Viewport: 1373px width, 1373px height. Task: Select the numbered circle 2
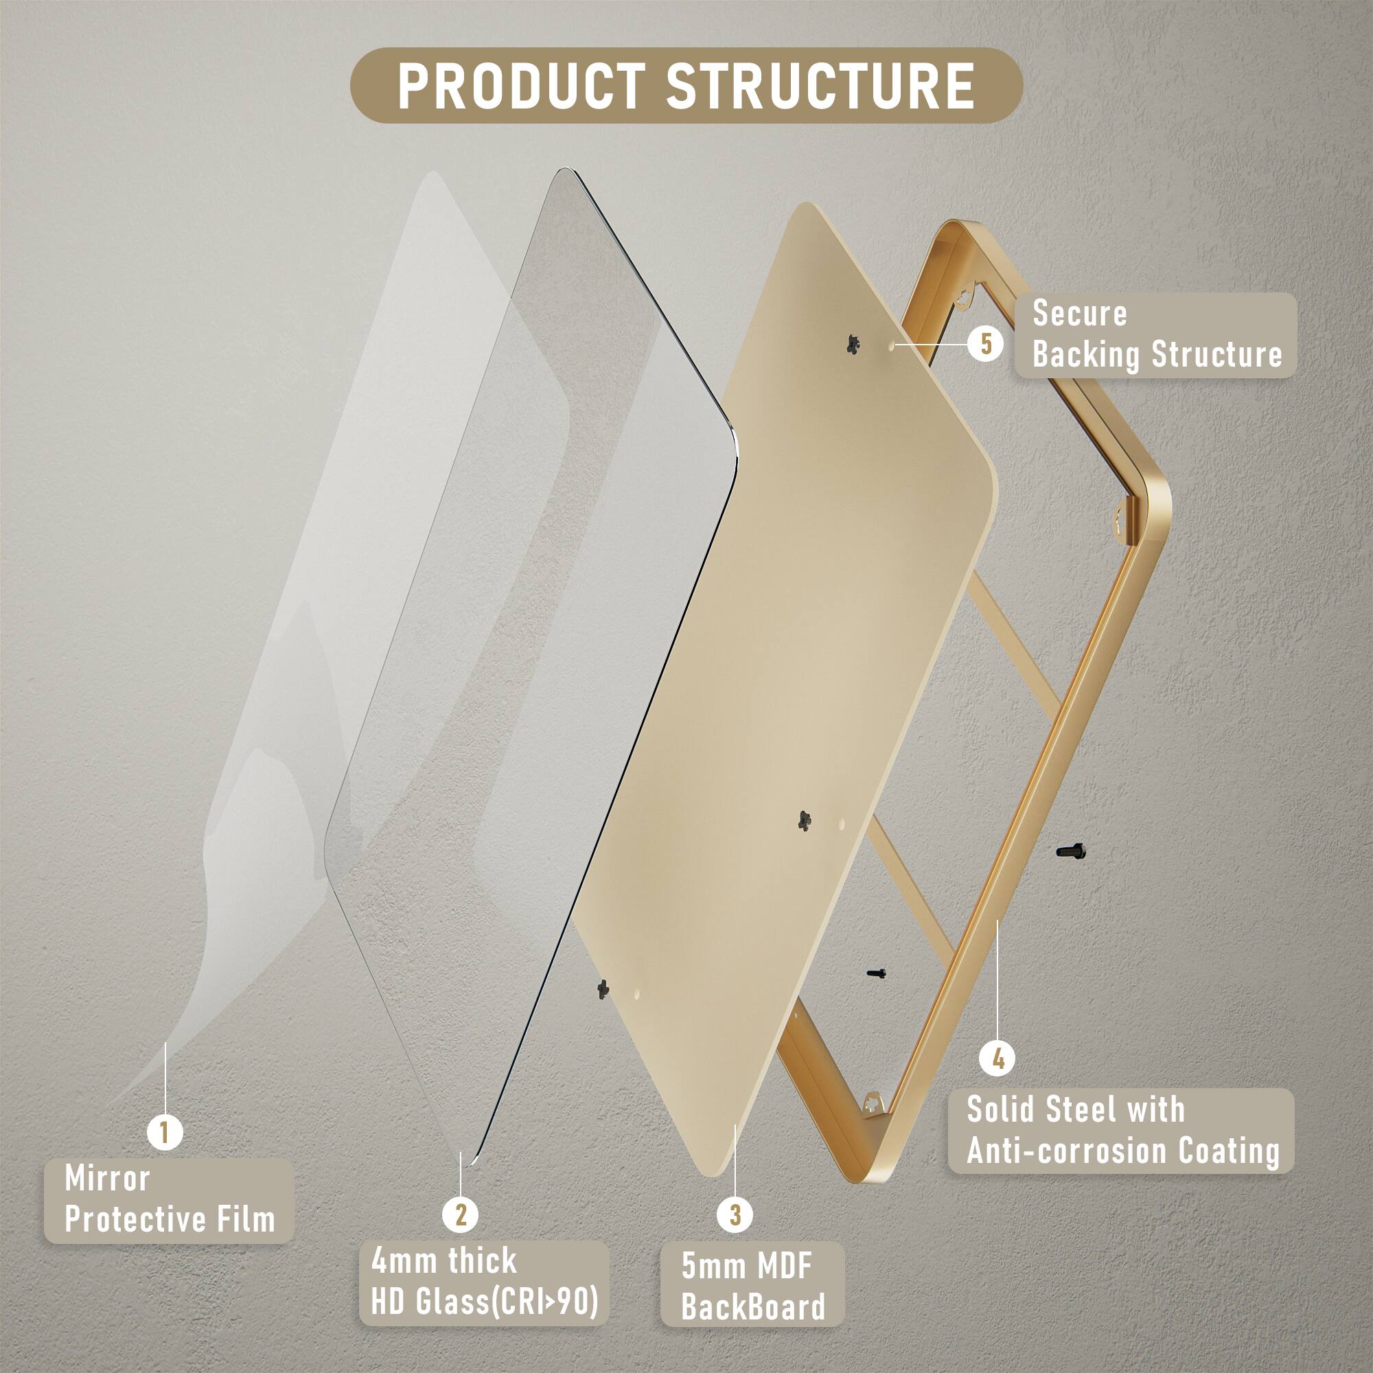(x=461, y=1214)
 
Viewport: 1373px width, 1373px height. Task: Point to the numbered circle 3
(x=735, y=1214)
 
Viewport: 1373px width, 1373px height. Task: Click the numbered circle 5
(x=986, y=344)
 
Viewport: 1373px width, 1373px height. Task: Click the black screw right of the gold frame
(x=1070, y=850)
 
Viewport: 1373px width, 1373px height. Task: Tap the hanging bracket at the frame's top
(x=964, y=297)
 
